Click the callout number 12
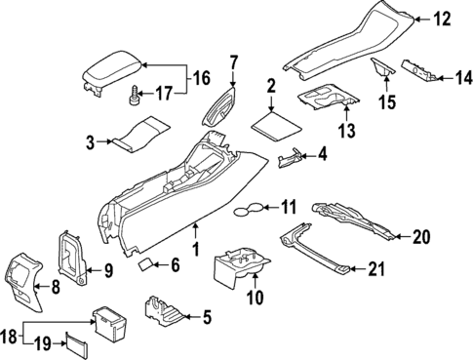(x=443, y=17)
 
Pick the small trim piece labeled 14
(x=420, y=71)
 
